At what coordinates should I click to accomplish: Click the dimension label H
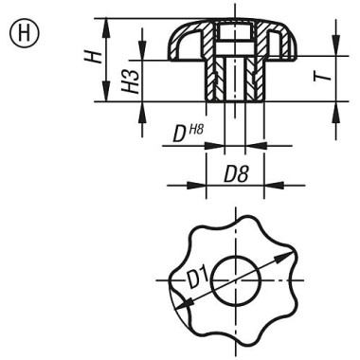click(92, 58)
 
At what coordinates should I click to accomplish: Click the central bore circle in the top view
click(233, 281)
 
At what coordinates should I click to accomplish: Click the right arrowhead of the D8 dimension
click(260, 185)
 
